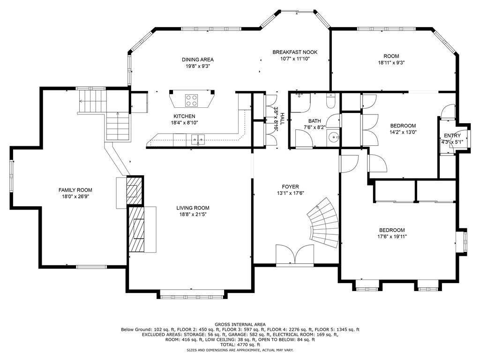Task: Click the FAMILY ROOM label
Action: pos(75,190)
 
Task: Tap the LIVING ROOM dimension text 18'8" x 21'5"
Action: pos(193,215)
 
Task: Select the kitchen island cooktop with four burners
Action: pos(191,100)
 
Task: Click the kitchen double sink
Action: pos(198,139)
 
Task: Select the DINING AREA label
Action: pos(198,60)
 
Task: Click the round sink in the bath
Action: pos(333,137)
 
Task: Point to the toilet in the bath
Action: pos(330,100)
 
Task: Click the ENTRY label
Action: pos(452,136)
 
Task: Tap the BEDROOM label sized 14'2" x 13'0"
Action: pos(403,126)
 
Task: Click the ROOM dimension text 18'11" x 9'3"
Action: pos(391,63)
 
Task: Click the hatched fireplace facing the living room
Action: pos(136,229)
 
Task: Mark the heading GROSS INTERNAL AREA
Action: pos(240,324)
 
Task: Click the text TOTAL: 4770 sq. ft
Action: pos(240,345)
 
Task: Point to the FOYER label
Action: pos(291,187)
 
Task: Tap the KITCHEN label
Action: pos(184,116)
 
